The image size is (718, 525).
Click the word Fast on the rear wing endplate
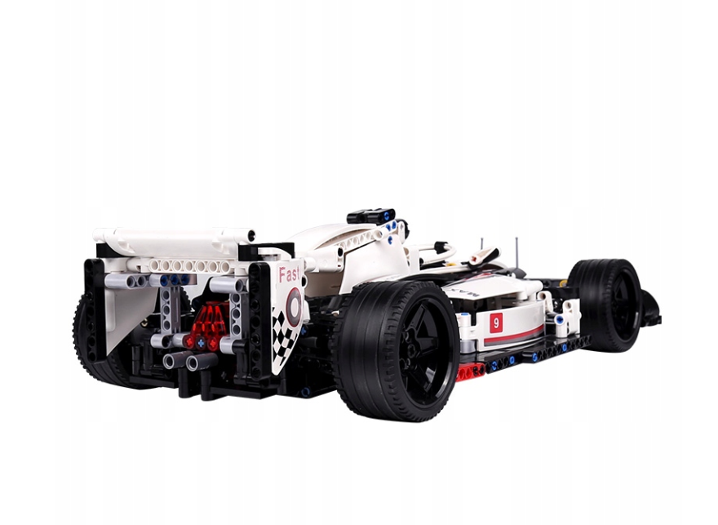click(289, 275)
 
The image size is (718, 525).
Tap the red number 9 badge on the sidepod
click(495, 323)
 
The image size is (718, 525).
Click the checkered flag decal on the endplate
click(284, 337)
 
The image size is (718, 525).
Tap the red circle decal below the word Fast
click(293, 305)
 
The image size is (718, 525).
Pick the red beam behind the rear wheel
click(471, 371)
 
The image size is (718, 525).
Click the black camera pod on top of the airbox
click(371, 216)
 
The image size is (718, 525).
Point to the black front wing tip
click(650, 309)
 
